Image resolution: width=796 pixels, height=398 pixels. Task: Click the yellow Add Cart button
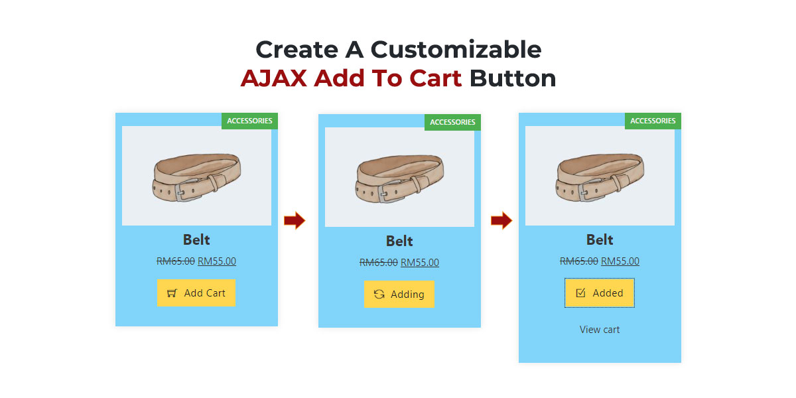(x=196, y=293)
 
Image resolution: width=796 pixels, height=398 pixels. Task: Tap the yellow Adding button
(x=399, y=294)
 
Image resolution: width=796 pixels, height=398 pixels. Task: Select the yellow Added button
(x=600, y=293)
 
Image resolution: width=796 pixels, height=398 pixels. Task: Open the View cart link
(x=600, y=330)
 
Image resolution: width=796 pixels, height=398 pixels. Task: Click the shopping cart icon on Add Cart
(x=172, y=293)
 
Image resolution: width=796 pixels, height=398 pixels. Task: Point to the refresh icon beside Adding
(x=379, y=294)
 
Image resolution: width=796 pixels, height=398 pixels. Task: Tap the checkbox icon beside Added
(x=580, y=293)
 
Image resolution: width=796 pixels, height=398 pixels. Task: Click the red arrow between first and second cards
(x=295, y=221)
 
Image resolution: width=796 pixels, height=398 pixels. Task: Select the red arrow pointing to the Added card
(x=501, y=221)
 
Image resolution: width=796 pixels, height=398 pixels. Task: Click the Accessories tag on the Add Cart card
(x=249, y=121)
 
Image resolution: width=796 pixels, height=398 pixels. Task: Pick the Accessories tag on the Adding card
(x=452, y=122)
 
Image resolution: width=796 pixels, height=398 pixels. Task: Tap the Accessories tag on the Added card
(x=653, y=121)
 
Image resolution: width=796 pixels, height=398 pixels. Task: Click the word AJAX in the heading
(x=273, y=78)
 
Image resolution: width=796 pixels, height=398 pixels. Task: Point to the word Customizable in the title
(x=456, y=50)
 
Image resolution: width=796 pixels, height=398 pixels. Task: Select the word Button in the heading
(x=512, y=78)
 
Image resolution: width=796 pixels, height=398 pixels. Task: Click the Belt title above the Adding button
(x=399, y=241)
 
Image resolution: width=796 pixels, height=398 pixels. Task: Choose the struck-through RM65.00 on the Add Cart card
(x=175, y=261)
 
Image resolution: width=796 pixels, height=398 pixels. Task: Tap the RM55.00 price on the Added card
(x=620, y=261)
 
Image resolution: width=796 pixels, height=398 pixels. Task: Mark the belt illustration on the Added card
(x=600, y=176)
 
